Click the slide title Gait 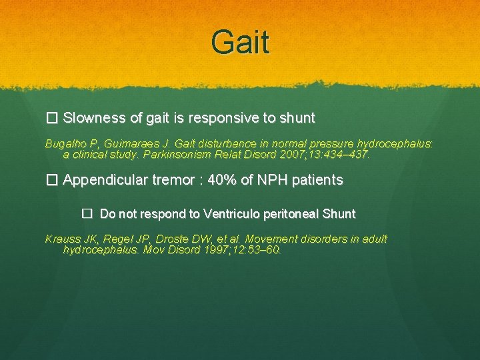pyautogui.click(x=240, y=41)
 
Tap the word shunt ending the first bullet pyautogui.click(x=297, y=119)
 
